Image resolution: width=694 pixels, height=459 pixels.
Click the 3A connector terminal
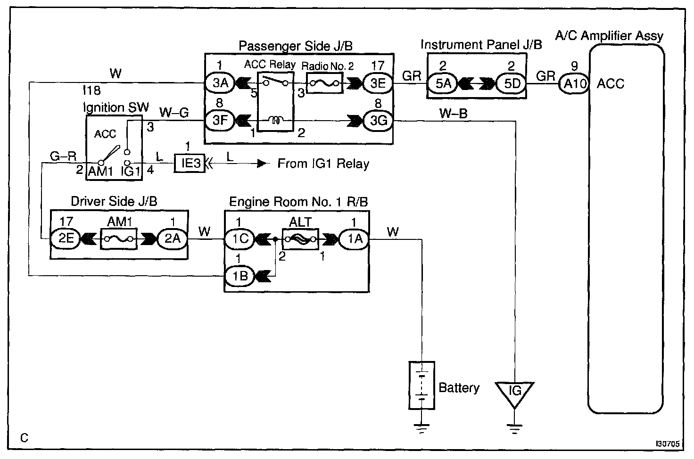click(x=220, y=83)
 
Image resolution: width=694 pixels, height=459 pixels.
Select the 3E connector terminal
click(x=378, y=83)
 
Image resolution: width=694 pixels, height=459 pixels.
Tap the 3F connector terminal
click(x=220, y=120)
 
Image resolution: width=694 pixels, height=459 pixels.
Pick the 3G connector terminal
click(x=378, y=121)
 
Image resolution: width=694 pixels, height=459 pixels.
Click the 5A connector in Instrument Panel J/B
click(x=444, y=84)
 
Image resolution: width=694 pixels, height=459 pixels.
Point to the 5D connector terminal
click(x=511, y=84)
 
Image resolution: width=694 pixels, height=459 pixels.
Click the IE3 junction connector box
click(x=190, y=164)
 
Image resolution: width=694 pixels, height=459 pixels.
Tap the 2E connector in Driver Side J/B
click(x=66, y=239)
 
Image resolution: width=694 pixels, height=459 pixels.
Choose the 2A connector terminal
click(x=172, y=239)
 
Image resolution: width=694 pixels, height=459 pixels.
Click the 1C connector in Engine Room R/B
click(x=240, y=239)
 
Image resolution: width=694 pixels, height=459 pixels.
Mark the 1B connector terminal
click(x=240, y=275)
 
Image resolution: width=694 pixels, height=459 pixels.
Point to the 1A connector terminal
click(x=355, y=239)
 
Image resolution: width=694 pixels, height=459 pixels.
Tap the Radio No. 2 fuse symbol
click(x=323, y=83)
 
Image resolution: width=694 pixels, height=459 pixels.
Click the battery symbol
click(x=421, y=385)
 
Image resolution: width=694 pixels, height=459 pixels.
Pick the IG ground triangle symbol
click(x=515, y=391)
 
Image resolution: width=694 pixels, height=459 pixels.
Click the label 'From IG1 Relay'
click(x=323, y=164)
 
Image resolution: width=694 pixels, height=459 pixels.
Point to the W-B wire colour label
click(x=454, y=113)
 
